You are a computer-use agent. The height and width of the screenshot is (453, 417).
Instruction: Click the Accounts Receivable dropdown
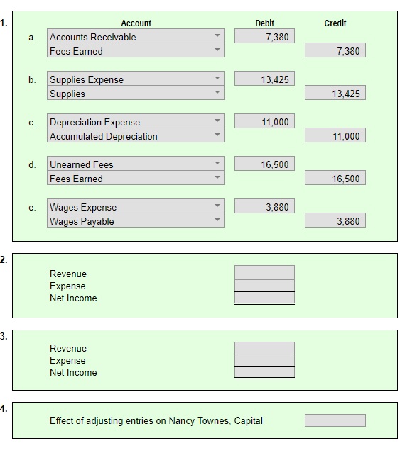point(136,37)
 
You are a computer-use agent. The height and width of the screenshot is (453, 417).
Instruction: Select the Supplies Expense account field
point(136,79)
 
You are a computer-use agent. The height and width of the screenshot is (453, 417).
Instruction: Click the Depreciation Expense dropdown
point(136,122)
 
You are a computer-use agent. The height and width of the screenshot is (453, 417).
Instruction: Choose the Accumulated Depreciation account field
point(136,136)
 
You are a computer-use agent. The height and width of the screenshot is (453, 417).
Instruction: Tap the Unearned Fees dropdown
point(136,164)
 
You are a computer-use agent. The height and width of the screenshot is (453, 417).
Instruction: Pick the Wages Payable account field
point(136,221)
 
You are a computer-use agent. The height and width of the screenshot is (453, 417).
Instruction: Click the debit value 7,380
point(264,37)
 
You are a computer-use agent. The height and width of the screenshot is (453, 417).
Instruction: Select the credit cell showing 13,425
point(335,94)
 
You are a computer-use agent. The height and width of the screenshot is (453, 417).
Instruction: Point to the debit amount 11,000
point(264,122)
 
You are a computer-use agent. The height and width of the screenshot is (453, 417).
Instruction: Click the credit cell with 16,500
point(335,179)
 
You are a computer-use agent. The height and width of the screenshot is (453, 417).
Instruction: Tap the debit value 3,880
point(264,207)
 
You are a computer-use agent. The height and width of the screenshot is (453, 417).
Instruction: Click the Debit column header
point(264,23)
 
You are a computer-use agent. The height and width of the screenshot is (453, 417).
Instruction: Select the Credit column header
point(335,23)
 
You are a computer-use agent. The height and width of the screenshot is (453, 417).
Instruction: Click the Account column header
point(136,23)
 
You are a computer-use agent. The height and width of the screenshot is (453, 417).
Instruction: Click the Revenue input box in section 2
point(264,273)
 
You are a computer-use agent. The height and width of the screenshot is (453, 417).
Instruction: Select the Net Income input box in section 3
point(264,373)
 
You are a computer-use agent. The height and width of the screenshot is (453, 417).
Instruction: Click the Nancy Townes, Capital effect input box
point(335,420)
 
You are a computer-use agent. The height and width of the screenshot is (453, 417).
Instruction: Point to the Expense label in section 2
point(67,286)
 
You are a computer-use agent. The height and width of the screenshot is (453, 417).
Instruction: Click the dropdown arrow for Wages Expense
point(217,207)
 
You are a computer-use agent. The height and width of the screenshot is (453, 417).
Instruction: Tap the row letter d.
point(32,165)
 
